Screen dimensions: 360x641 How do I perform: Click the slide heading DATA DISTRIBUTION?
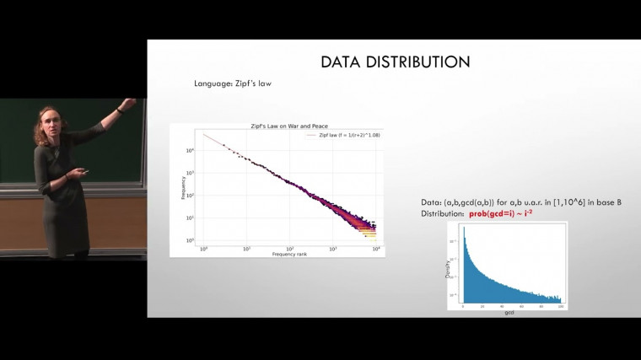click(x=395, y=62)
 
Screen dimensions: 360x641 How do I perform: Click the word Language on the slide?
click(x=210, y=84)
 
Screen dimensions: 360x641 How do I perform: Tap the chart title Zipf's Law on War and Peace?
click(x=277, y=126)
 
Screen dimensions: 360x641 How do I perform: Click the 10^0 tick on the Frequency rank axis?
click(x=203, y=249)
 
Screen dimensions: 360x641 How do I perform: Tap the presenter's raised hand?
click(x=127, y=105)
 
